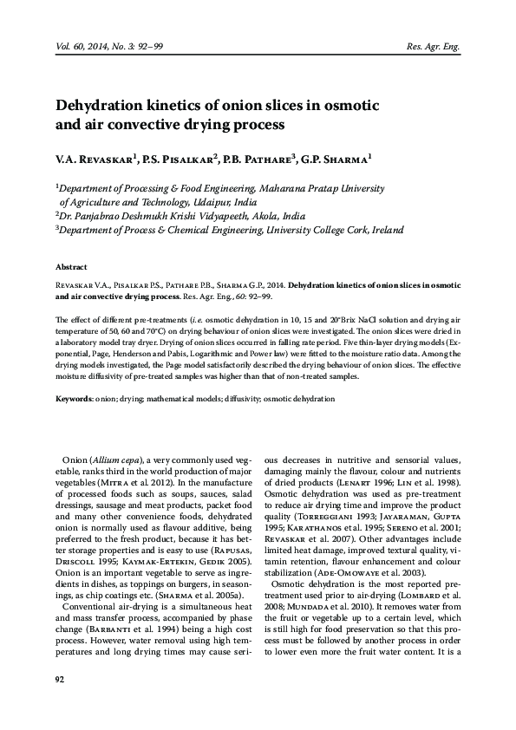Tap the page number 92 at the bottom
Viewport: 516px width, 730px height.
click(60, 702)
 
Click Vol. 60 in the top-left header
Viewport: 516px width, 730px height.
click(71, 47)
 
